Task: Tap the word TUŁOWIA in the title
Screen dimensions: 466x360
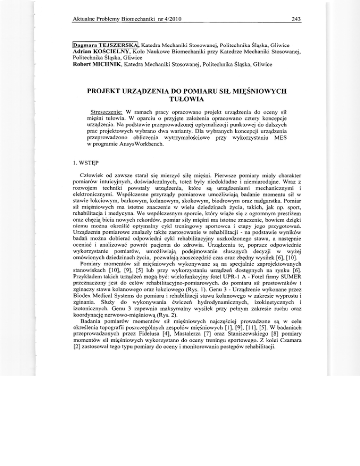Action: click(x=180, y=99)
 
